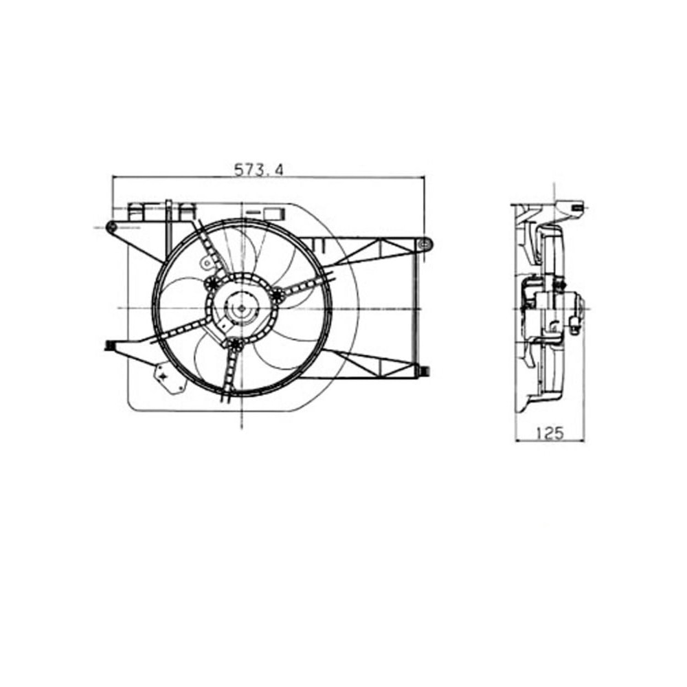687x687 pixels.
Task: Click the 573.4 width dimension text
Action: tap(259, 170)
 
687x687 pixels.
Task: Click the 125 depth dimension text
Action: tap(549, 433)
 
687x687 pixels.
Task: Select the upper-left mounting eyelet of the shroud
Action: tap(111, 227)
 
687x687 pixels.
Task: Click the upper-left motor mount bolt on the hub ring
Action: tap(211, 284)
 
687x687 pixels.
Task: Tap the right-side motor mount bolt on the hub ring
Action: tap(278, 295)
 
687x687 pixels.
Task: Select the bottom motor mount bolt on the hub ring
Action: tap(236, 344)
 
